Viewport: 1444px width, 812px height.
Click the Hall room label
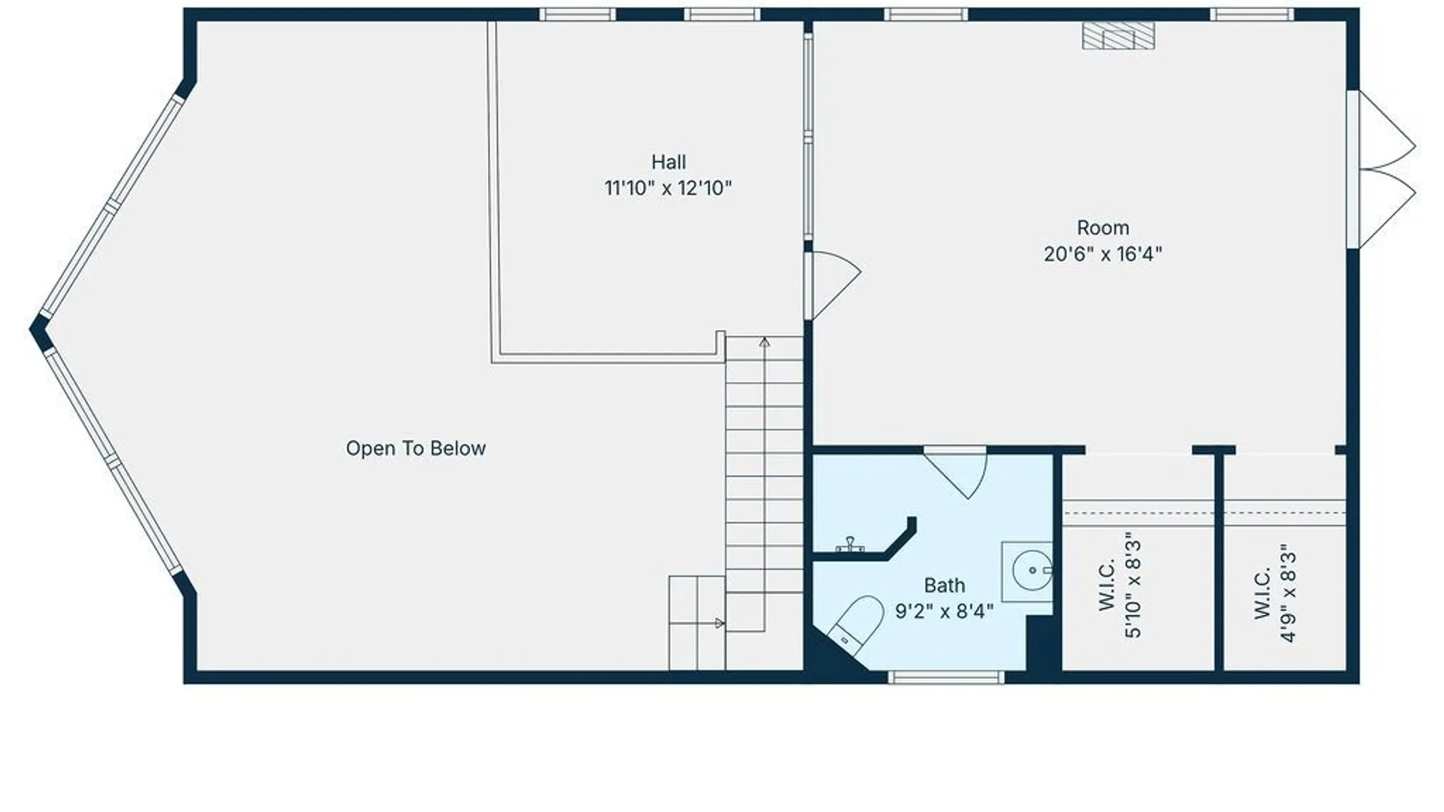click(668, 162)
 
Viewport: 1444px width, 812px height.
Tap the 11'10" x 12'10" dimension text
click(668, 188)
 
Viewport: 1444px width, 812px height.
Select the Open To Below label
click(415, 448)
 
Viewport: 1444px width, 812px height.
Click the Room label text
click(1103, 228)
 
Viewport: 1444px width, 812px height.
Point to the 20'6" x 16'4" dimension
click(1103, 254)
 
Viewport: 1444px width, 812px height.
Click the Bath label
click(944, 585)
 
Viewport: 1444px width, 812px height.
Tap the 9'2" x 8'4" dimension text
click(944, 611)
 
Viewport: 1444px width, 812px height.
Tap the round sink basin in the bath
click(1032, 571)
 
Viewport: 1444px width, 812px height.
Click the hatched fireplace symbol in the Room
click(1118, 36)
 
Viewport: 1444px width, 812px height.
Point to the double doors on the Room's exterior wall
click(1384, 170)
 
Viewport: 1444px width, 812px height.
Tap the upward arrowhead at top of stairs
click(764, 343)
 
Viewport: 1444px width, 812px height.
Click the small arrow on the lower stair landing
click(719, 623)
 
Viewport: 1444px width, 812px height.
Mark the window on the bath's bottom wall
click(945, 677)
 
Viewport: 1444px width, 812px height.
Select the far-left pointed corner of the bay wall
click(35, 329)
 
